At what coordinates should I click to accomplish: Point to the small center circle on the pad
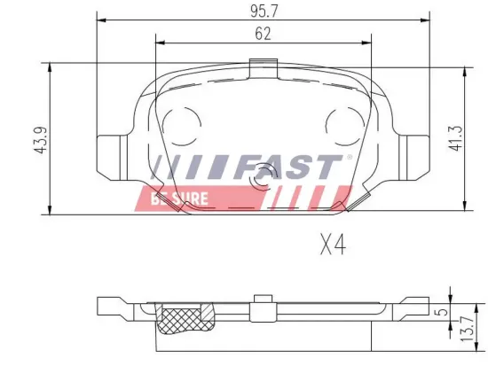262,181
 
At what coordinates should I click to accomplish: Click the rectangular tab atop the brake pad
262,67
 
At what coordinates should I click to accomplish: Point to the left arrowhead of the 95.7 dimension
98,21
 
